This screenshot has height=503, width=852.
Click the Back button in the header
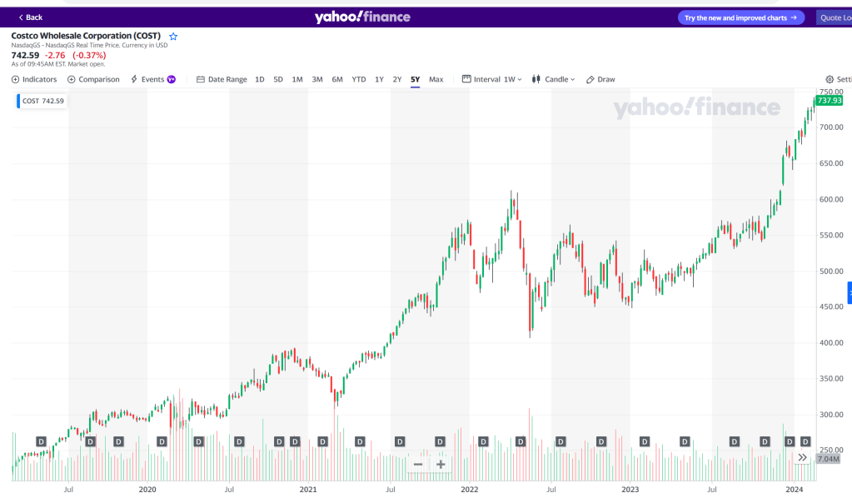31,17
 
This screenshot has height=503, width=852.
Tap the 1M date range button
297,79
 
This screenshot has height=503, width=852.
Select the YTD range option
358,79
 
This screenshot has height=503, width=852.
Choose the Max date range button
436,79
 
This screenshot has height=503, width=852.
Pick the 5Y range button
415,79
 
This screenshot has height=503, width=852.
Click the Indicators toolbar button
34,79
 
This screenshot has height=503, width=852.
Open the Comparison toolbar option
93,79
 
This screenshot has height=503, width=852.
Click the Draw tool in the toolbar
600,79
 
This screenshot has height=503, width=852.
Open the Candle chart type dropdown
554,79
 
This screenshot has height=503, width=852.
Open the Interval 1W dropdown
492,79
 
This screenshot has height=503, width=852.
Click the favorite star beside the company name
173,37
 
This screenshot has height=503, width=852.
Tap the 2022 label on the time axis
470,491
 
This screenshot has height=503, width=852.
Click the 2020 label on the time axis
147,491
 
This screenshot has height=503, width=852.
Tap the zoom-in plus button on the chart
441,465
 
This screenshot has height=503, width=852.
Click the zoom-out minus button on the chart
418,465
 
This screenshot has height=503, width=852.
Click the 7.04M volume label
828,459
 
